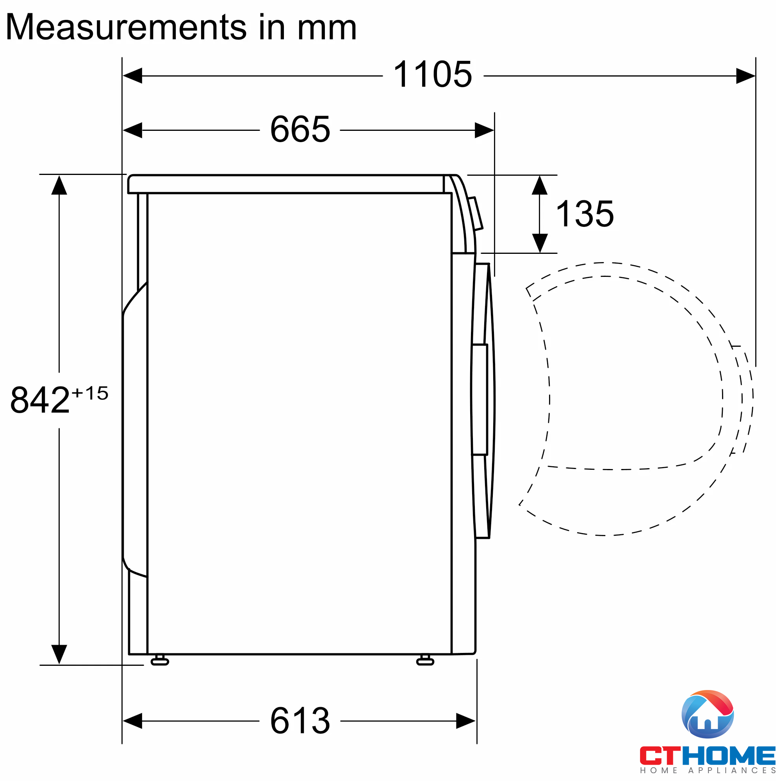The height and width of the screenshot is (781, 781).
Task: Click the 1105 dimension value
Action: (432, 75)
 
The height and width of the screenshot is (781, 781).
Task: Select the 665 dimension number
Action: (300, 130)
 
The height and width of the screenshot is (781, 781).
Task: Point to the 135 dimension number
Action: (585, 214)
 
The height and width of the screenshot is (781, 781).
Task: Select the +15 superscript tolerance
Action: (90, 393)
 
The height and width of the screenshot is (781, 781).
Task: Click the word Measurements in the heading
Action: (126, 27)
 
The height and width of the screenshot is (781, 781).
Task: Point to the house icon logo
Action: (707, 714)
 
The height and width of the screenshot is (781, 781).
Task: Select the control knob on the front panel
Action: (476, 214)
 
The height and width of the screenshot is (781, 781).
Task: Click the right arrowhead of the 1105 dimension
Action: (745, 76)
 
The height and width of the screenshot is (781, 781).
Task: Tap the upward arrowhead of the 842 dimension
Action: (59, 186)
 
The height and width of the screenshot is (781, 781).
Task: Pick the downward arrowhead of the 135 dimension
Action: (540, 243)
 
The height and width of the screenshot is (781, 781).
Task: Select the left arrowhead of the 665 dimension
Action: (133, 130)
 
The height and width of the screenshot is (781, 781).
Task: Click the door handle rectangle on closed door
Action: (480, 399)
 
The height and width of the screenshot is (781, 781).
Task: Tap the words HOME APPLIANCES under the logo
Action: (707, 770)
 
